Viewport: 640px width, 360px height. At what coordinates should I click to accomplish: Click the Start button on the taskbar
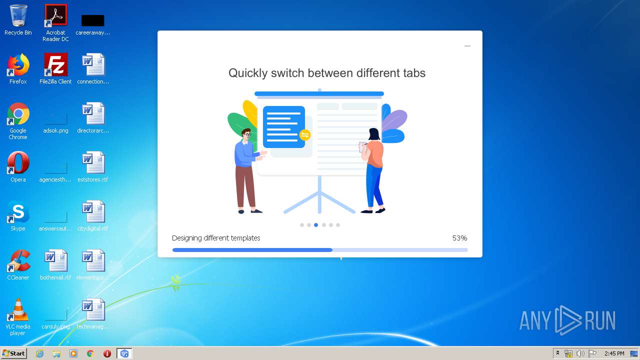13,353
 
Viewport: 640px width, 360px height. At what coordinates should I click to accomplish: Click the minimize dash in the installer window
467,46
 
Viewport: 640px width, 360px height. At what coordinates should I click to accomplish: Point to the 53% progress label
459,238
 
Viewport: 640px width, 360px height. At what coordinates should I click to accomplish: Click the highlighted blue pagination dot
316,225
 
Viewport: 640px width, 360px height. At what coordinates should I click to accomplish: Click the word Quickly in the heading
248,73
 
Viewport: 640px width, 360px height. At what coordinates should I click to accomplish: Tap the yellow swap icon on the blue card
304,135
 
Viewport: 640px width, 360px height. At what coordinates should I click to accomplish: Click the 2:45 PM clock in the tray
614,353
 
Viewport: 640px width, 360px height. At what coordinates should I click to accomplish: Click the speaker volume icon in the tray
580,353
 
